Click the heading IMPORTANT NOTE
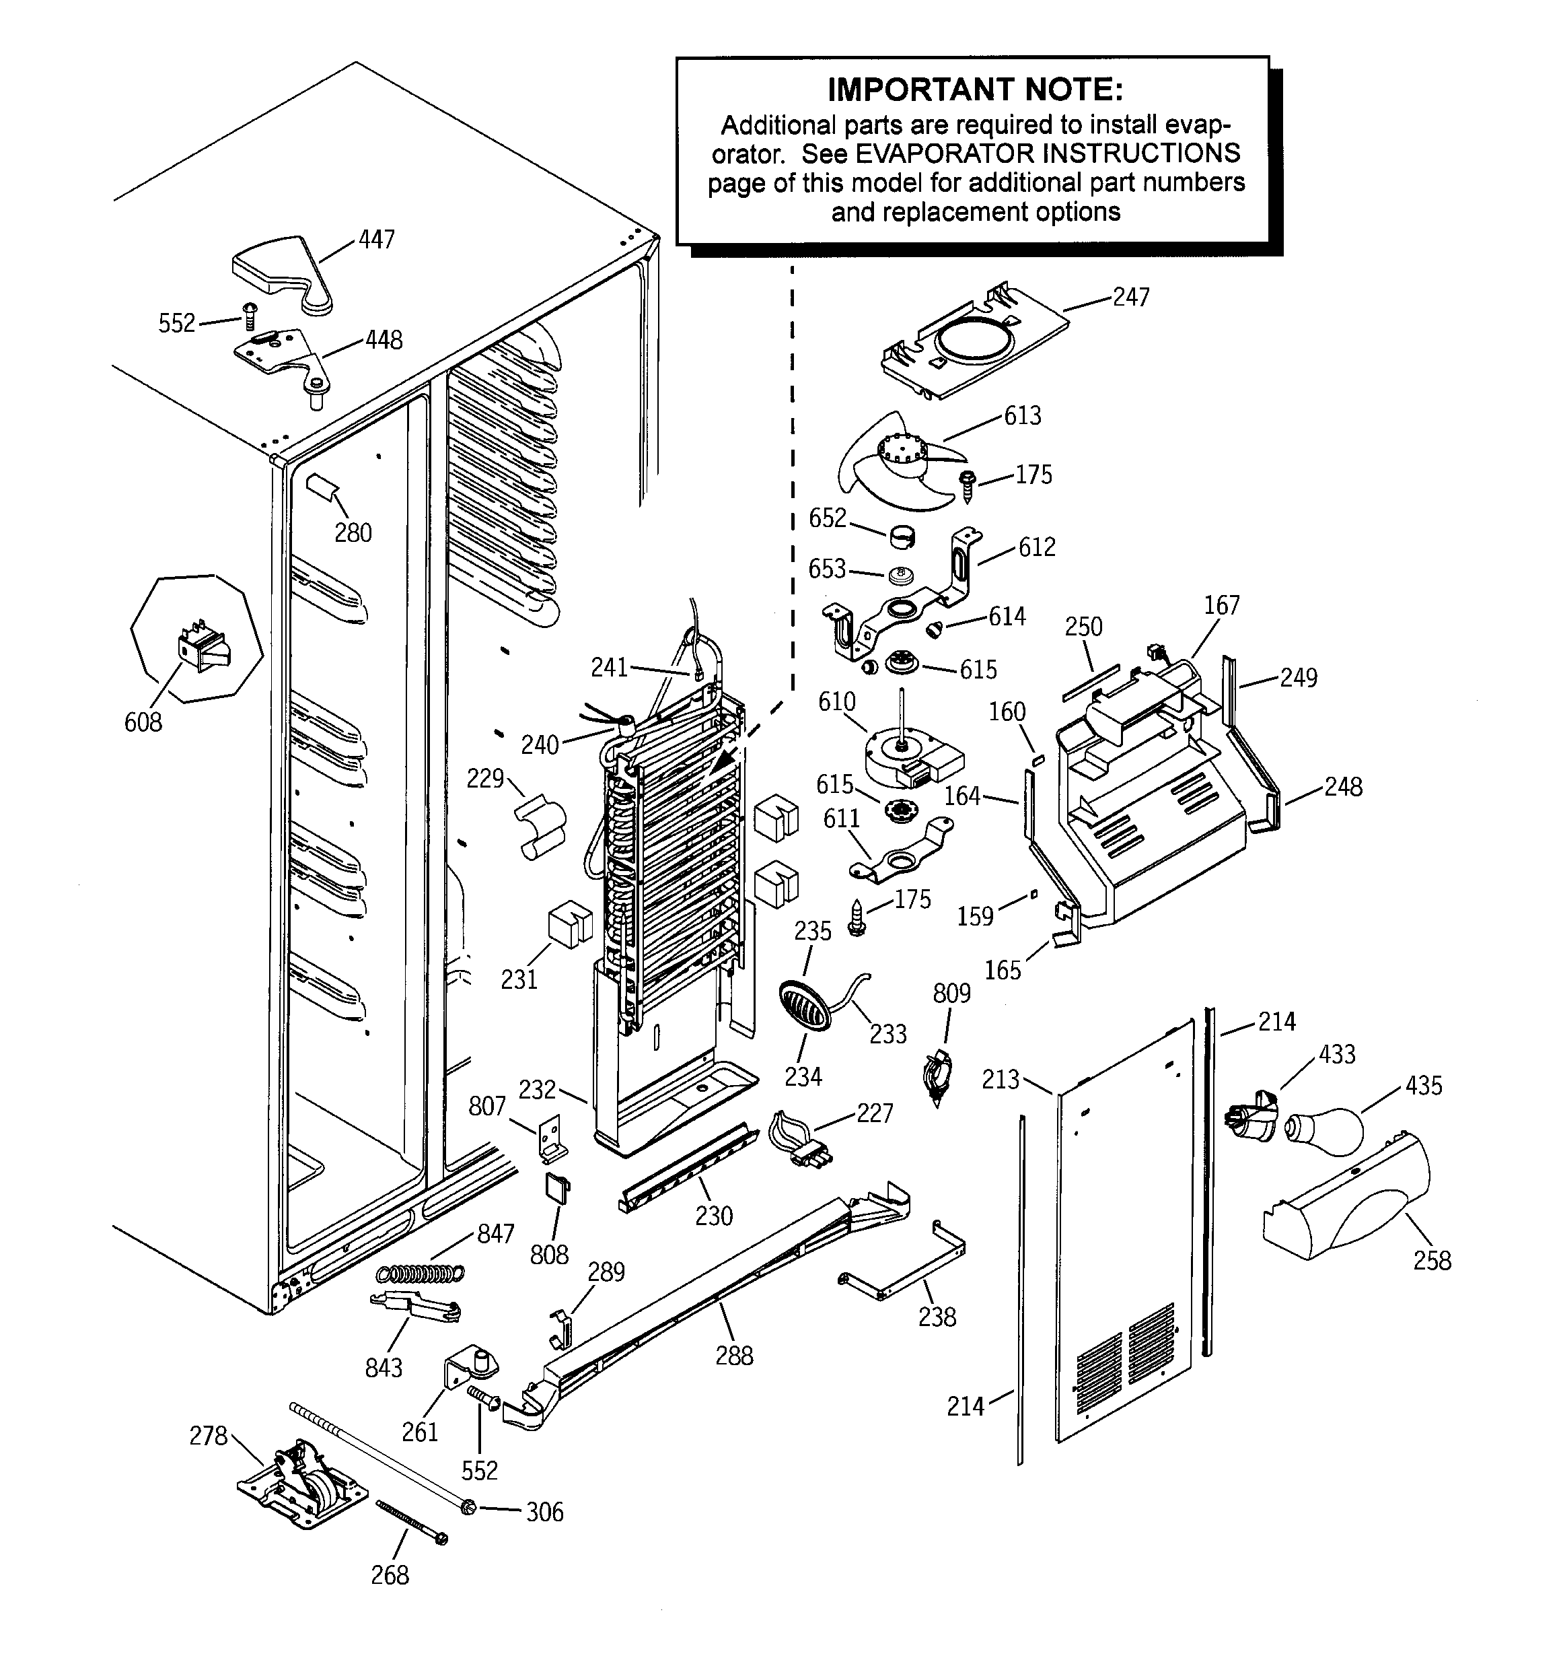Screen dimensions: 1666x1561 click(974, 89)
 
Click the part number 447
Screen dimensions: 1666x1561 click(376, 240)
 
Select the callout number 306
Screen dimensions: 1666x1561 click(544, 1513)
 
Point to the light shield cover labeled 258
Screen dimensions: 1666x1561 click(1346, 1204)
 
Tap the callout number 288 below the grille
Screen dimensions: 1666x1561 click(734, 1355)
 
